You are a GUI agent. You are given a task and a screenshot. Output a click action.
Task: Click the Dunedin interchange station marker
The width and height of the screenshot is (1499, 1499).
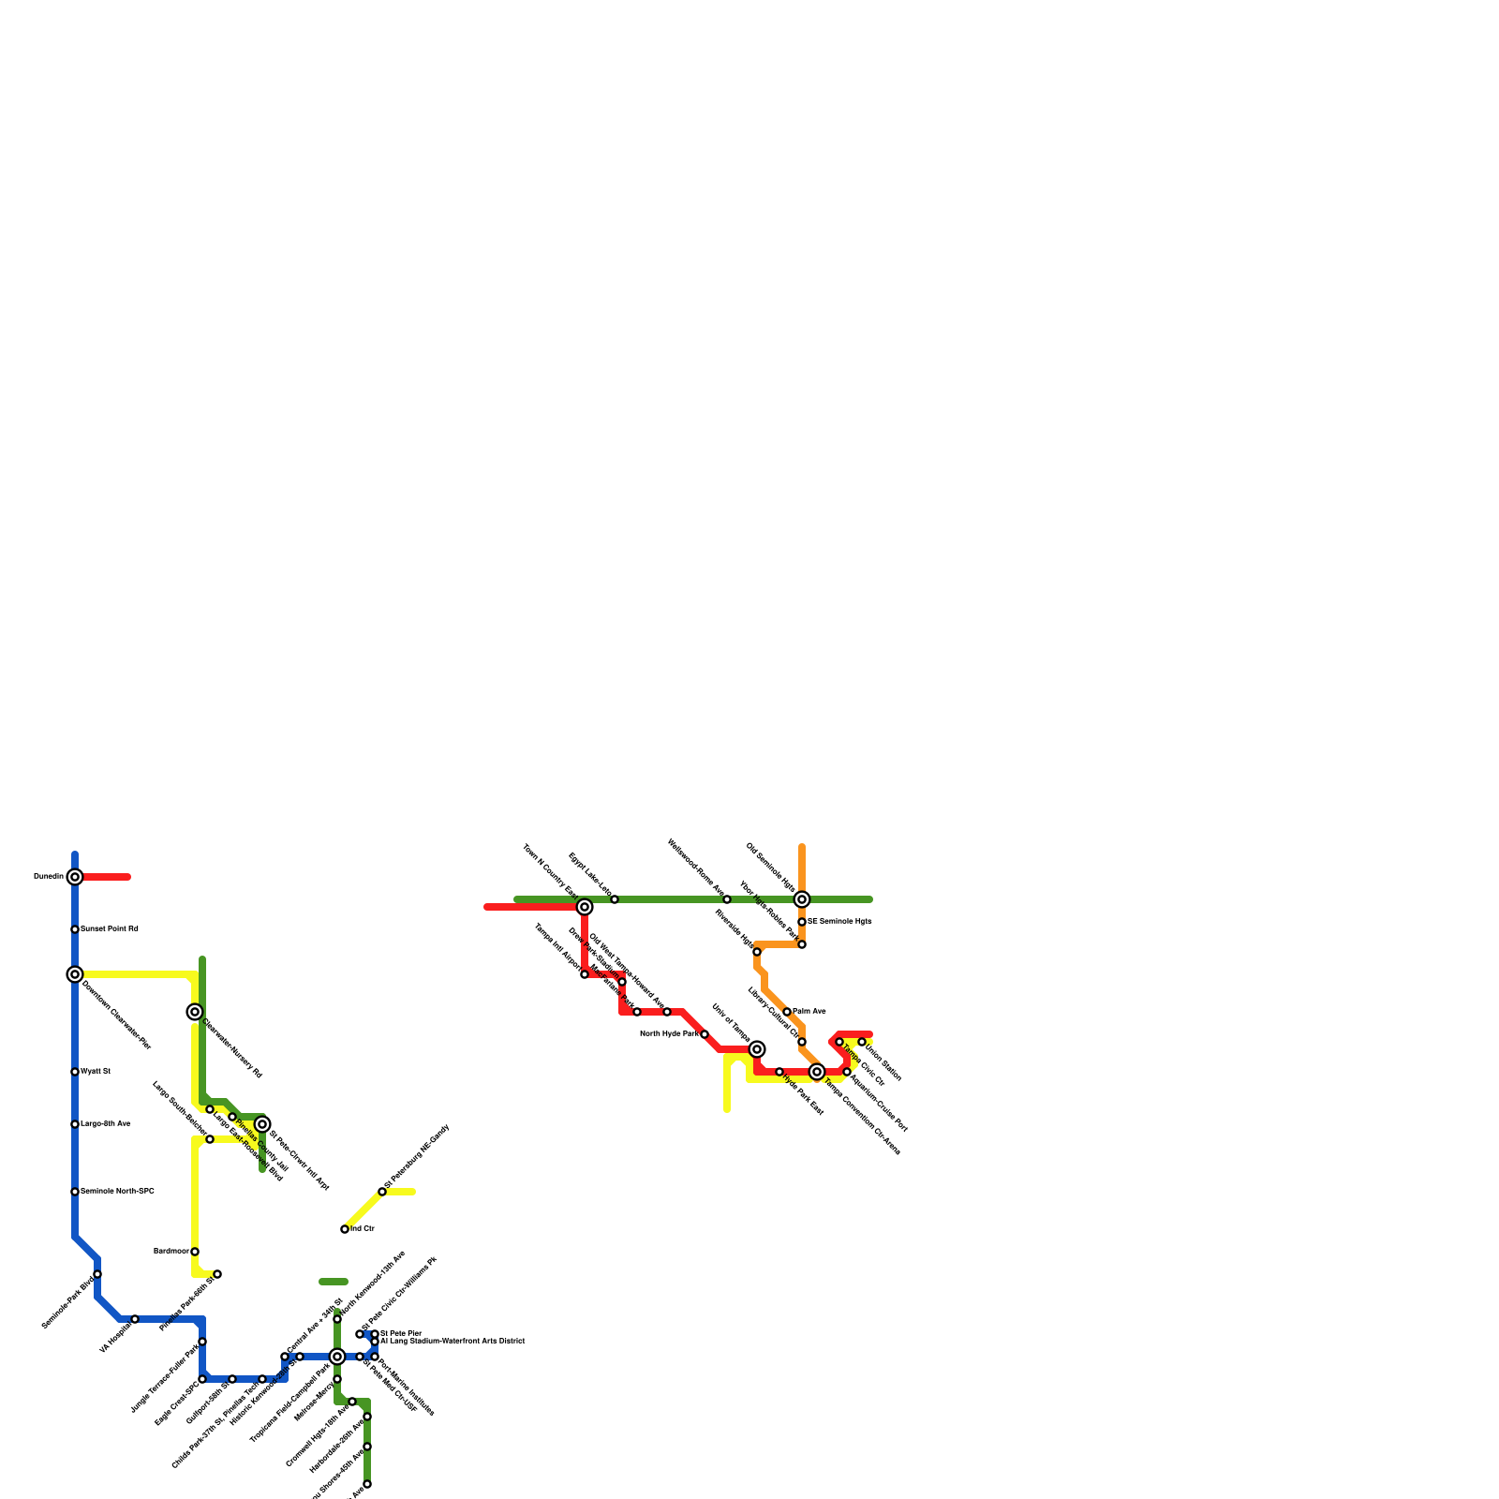[x=75, y=877]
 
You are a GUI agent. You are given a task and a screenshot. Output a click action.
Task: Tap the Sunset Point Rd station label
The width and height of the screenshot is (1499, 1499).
[x=110, y=929]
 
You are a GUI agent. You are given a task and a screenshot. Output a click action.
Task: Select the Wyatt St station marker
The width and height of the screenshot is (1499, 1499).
[x=75, y=1072]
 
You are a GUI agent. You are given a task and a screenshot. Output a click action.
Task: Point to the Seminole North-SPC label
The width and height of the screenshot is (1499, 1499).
[x=117, y=1192]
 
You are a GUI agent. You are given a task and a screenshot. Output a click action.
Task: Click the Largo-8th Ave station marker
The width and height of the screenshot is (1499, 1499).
[x=75, y=1124]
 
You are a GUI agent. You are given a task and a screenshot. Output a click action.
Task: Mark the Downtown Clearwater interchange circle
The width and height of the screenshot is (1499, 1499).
[x=75, y=974]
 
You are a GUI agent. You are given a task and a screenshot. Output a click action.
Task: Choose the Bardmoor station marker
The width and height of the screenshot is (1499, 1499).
[x=195, y=1252]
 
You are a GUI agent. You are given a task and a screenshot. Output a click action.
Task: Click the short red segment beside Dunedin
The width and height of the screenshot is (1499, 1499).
[x=107, y=877]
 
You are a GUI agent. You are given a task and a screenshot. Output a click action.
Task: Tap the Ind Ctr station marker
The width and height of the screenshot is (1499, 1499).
[x=345, y=1229]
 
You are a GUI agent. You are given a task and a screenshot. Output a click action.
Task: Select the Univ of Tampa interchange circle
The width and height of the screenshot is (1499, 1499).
[x=757, y=1049]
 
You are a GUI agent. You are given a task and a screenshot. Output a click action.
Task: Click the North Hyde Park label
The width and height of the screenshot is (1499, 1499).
[x=669, y=1034]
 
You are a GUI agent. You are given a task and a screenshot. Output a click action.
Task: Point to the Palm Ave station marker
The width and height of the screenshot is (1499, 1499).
[x=787, y=1012]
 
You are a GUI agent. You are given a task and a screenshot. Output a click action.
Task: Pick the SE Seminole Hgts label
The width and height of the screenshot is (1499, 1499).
[x=839, y=922]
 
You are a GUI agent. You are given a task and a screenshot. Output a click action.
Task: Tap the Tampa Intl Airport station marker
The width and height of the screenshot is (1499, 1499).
[x=585, y=974]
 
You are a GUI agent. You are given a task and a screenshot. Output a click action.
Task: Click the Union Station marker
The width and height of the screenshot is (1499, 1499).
[x=862, y=1042]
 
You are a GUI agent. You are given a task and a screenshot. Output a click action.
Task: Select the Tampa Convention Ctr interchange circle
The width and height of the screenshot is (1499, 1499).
[x=817, y=1072]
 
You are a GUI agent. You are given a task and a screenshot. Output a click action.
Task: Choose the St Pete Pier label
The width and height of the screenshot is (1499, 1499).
[x=401, y=1333]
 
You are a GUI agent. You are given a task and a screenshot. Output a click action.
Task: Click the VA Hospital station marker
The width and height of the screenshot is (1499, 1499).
[x=135, y=1319]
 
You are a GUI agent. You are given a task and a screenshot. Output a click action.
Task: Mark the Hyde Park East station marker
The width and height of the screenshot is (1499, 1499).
[x=779, y=1072]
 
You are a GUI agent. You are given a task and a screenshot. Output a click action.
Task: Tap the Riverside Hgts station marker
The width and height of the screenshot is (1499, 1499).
[x=757, y=952]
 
